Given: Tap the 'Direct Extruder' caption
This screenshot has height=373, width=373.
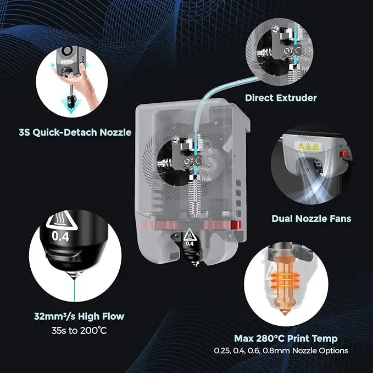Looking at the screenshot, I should tap(281, 98).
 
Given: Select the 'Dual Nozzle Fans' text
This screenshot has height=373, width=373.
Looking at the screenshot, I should tap(311, 218).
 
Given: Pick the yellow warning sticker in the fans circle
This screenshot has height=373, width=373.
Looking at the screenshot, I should tap(306, 147).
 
